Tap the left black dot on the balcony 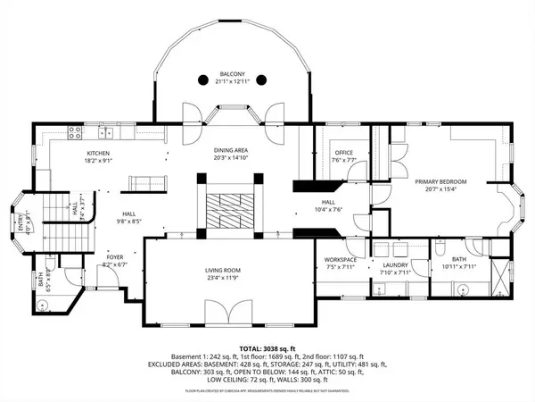[x=202, y=80]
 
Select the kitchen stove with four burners [x=75, y=134]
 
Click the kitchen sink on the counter [x=105, y=134]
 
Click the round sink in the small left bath [x=43, y=304]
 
